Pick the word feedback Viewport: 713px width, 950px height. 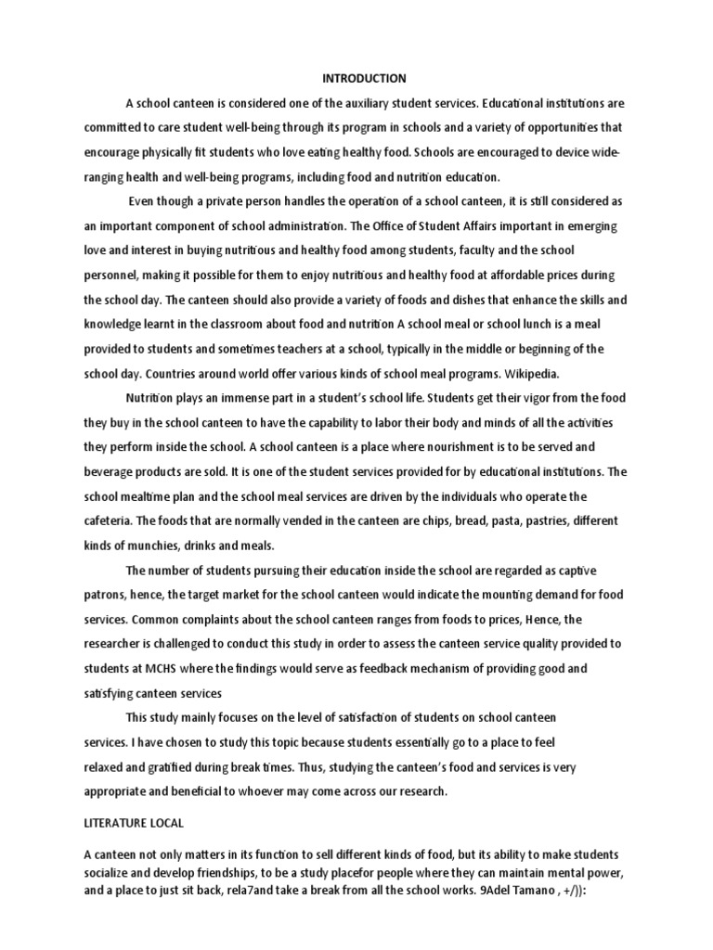pyautogui.click(x=395, y=669)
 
